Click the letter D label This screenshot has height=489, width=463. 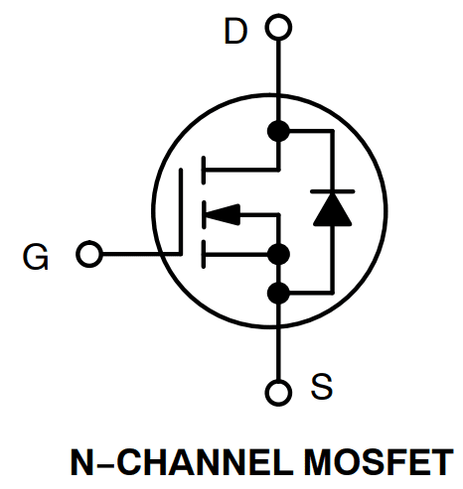pos(234,32)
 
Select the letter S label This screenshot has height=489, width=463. pos(321,387)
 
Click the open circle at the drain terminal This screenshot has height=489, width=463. pos(279,30)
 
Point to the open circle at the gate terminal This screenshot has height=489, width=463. pos(89,255)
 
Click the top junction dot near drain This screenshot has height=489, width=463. pos(279,130)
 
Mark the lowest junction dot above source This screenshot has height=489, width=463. pos(279,292)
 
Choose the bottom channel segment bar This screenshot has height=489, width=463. pos(203,255)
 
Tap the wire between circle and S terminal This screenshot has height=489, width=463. pos(279,347)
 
